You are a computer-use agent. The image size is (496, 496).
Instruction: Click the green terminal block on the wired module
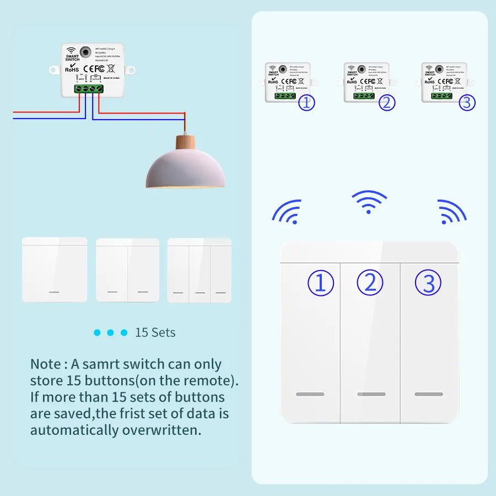click(88, 88)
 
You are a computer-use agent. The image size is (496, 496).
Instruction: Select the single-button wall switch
click(55, 269)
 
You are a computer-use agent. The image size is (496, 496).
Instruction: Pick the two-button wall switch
click(128, 269)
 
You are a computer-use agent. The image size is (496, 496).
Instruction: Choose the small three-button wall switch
click(200, 269)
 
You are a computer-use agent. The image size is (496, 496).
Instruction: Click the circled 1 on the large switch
click(321, 283)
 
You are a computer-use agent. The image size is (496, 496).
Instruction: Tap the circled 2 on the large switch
click(370, 283)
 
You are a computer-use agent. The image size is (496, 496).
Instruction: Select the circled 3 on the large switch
click(428, 283)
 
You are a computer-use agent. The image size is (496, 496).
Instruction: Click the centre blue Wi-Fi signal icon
click(369, 202)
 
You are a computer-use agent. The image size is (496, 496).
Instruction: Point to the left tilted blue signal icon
click(288, 212)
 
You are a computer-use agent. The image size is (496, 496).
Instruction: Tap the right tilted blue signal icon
click(451, 212)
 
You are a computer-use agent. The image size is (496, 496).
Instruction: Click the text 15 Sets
click(155, 333)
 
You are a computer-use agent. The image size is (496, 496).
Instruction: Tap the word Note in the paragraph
click(45, 364)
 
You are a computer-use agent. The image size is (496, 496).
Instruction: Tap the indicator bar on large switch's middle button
click(371, 395)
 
